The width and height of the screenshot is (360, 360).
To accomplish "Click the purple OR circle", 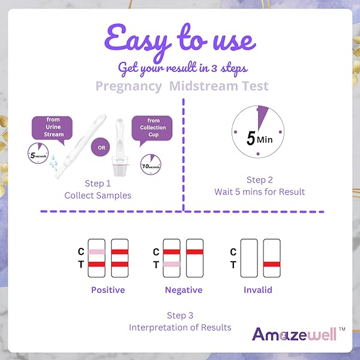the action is pyautogui.click(x=101, y=147).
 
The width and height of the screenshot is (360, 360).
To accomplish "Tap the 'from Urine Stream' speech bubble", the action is pyautogui.click(x=52, y=128).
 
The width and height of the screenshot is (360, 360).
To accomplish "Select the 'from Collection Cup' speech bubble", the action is pyautogui.click(x=152, y=128).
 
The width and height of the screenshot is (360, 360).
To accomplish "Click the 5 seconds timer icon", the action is pyautogui.click(x=38, y=154).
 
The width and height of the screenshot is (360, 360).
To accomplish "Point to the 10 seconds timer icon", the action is pyautogui.click(x=151, y=164).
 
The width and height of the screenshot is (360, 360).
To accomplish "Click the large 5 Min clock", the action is pyautogui.click(x=258, y=132).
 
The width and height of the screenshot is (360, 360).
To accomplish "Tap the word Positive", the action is pyautogui.click(x=108, y=290).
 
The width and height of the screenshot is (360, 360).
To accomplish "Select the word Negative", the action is pyautogui.click(x=184, y=290).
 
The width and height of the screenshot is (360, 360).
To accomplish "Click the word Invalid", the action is pyautogui.click(x=258, y=290).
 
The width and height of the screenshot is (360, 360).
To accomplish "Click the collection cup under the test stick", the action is pyautogui.click(x=119, y=166).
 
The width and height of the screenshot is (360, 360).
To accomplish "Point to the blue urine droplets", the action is pyautogui.click(x=53, y=163).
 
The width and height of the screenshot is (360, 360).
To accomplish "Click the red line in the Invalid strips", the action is pyautogui.click(x=272, y=264).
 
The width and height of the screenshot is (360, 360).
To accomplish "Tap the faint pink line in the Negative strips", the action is pyautogui.click(x=172, y=264).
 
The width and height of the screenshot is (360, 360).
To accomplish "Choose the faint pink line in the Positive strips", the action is pyautogui.click(x=97, y=252).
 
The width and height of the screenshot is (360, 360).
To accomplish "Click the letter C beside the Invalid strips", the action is pyautogui.click(x=233, y=252).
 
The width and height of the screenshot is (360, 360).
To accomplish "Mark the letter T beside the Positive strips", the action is pyautogui.click(x=81, y=265).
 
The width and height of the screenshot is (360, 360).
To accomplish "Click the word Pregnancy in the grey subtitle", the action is pyautogui.click(x=128, y=86).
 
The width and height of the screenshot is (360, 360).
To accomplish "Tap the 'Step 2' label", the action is pyautogui.click(x=260, y=180).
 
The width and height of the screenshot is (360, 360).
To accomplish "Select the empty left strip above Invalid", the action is pyautogui.click(x=249, y=258).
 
